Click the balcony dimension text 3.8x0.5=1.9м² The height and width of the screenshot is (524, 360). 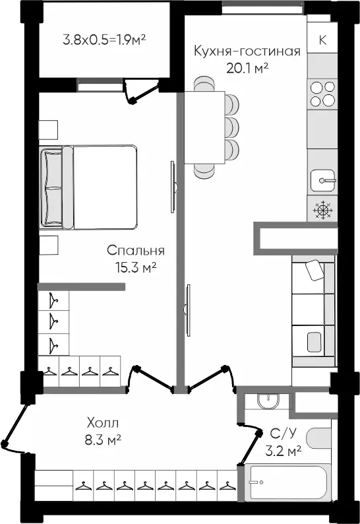[105, 40]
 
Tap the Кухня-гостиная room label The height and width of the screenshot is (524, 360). [247, 51]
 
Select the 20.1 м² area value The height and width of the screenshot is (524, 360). [247, 68]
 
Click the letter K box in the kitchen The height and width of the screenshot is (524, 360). [322, 40]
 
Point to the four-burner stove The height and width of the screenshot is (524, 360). [322, 94]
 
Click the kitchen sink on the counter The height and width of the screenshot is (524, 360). [322, 180]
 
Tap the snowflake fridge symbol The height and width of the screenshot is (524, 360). [322, 210]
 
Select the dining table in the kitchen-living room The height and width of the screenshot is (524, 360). [204, 127]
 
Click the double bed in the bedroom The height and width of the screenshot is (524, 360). [88, 187]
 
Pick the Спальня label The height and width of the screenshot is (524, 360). [136, 250]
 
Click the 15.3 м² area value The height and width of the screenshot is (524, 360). [136, 267]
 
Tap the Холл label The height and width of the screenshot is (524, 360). [102, 423]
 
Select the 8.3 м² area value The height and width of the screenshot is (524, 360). [102, 440]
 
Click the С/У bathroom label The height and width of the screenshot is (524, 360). [283, 434]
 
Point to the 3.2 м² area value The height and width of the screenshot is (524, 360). [284, 451]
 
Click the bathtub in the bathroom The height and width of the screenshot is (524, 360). [288, 482]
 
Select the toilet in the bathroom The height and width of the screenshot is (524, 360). [319, 438]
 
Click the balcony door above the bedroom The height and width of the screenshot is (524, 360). [140, 90]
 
